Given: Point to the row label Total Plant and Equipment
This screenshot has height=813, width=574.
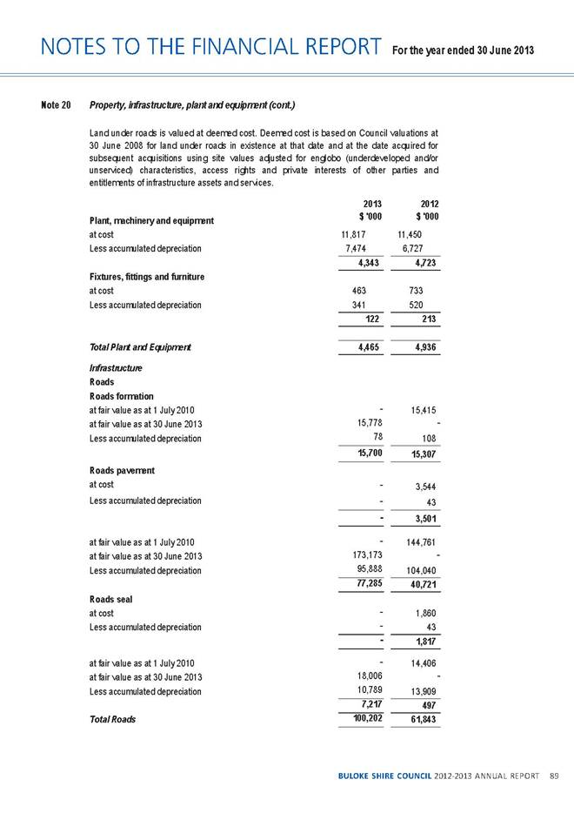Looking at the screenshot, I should tap(140, 348).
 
